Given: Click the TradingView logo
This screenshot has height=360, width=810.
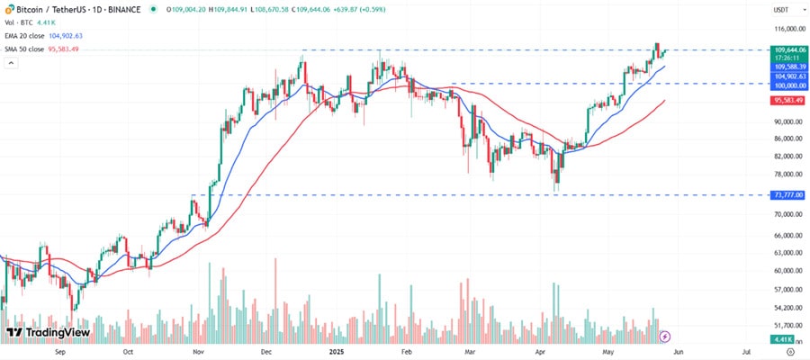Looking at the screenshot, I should [x=48, y=332].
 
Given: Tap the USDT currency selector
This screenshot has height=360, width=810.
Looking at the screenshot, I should [x=780, y=9].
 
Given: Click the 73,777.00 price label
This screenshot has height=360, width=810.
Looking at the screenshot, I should [x=787, y=195].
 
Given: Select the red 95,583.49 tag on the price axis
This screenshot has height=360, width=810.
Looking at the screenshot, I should [x=787, y=101].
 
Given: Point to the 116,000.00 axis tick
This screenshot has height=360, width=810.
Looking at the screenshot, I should [x=787, y=29].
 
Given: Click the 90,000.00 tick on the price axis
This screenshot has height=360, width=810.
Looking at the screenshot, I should [x=787, y=121].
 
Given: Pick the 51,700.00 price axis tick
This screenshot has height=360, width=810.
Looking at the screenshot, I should [x=787, y=326].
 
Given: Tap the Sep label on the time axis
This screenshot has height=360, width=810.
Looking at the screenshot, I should [x=60, y=353].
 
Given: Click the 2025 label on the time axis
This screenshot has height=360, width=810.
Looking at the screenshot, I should [x=337, y=353].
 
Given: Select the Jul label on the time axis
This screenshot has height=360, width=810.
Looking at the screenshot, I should [x=747, y=353].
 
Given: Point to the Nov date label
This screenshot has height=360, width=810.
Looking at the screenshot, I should [x=199, y=353].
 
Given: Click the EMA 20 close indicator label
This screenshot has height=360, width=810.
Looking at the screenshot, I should [x=30, y=34].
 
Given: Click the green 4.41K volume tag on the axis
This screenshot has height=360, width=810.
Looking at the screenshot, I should [x=781, y=338].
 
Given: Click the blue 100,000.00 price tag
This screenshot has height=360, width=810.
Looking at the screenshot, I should [x=787, y=84].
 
